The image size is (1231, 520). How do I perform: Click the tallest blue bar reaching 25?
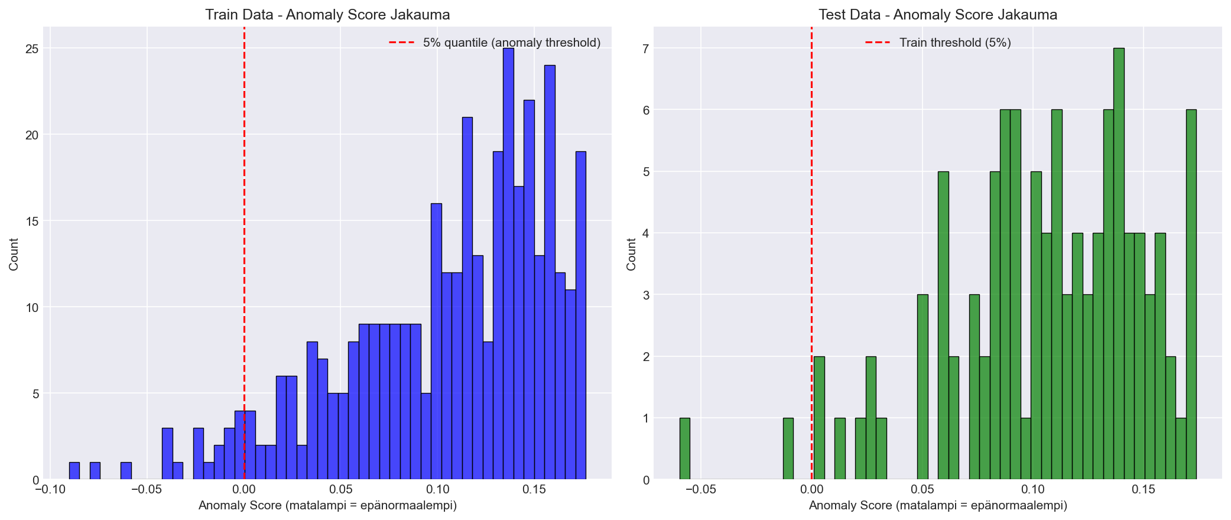pyautogui.click(x=508, y=266)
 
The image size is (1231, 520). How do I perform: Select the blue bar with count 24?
pyautogui.click(x=550, y=275)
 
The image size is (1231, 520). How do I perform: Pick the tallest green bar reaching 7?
pyautogui.click(x=1119, y=266)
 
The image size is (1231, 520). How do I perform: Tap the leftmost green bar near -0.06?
pyautogui.click(x=684, y=449)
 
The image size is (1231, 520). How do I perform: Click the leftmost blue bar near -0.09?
pyautogui.click(x=74, y=471)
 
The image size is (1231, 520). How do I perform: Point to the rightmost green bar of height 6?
pyautogui.click(x=1191, y=295)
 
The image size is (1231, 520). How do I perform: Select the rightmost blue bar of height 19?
pyautogui.click(x=580, y=316)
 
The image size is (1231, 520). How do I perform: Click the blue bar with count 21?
pyautogui.click(x=467, y=298)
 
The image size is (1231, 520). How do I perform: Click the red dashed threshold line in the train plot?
pyautogui.click(x=244, y=177)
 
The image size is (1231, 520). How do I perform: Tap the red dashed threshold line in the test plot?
pyautogui.click(x=811, y=177)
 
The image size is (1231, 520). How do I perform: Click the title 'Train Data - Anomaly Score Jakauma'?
pyautogui.click(x=327, y=15)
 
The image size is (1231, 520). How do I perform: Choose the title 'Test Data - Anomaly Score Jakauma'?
pyautogui.click(x=938, y=15)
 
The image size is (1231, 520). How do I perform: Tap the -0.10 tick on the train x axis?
pyautogui.click(x=50, y=489)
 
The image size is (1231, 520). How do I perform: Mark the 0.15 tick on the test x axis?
pyautogui.click(x=1143, y=489)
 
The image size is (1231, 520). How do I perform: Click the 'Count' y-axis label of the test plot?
pyautogui.click(x=631, y=254)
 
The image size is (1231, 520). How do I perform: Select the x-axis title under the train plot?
pyautogui.click(x=327, y=506)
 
